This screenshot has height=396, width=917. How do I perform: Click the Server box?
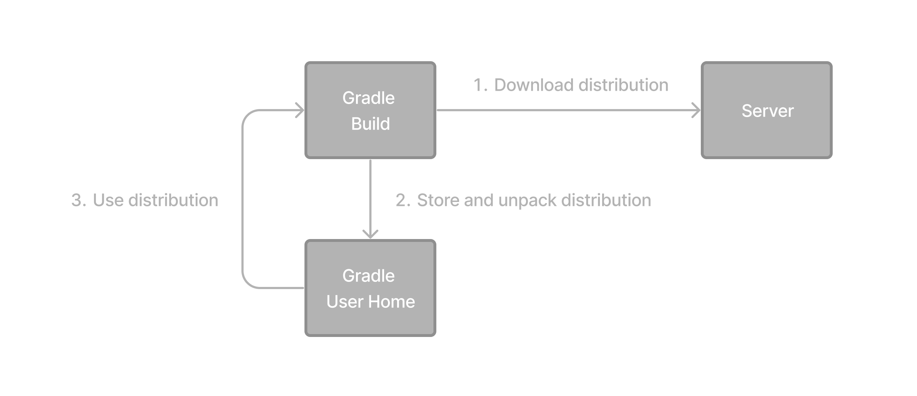tap(766, 110)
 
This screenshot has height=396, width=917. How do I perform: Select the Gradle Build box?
tap(370, 110)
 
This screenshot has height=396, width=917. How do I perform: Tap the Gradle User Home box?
tap(370, 288)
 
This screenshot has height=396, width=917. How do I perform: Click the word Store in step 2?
tap(438, 201)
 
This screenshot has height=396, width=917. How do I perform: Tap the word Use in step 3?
tap(108, 201)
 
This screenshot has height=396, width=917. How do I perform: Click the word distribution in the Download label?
tap(623, 85)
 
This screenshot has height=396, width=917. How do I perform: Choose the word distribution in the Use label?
tap(173, 201)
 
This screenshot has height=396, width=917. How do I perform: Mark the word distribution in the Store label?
tap(606, 201)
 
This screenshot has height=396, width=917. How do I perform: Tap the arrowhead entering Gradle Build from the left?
tap(300, 110)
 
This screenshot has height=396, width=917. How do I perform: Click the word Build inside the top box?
tap(370, 124)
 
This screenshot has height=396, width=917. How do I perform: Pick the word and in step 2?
tap(478, 201)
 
